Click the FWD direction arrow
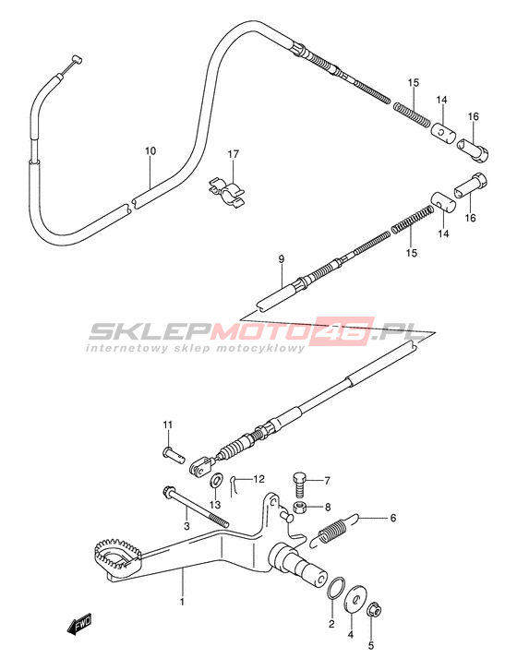(x=79, y=627)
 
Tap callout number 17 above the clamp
(x=233, y=154)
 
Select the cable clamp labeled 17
(x=226, y=191)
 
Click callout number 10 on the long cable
(x=150, y=150)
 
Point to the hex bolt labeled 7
(x=299, y=484)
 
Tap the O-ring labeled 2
(x=335, y=589)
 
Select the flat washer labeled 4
(x=355, y=600)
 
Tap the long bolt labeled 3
(x=196, y=508)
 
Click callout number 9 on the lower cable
(x=281, y=259)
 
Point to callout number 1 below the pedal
(x=182, y=602)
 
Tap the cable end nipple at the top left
(x=76, y=59)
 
